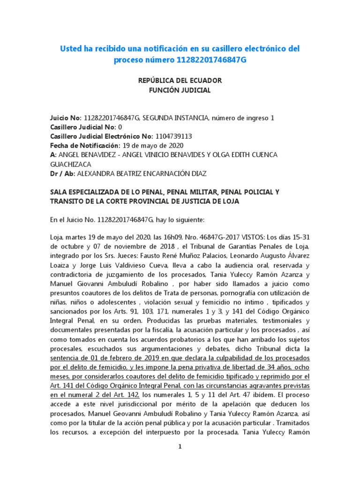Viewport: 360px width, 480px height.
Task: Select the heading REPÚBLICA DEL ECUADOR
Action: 180,81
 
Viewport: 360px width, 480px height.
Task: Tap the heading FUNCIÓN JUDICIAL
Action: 180,90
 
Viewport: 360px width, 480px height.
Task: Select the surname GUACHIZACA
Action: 71,164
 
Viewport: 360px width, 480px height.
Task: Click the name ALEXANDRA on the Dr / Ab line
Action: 96,173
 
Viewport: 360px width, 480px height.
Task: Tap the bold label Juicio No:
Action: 66,118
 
